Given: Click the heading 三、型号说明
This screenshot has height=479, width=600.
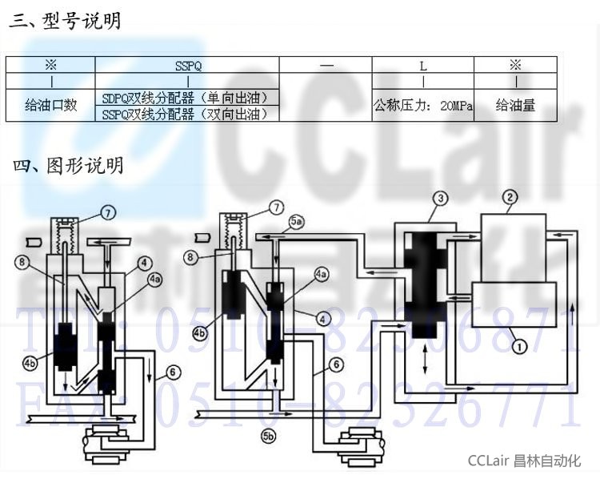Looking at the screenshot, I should (65, 21).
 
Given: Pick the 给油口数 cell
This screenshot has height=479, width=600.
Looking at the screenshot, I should (51, 105).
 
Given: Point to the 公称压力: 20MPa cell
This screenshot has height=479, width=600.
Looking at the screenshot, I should (423, 105).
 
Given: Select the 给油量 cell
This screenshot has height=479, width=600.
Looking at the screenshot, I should (515, 105).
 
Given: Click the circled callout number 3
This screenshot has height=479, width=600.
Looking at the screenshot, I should (439, 197).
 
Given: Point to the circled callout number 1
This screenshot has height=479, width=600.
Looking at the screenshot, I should (519, 347).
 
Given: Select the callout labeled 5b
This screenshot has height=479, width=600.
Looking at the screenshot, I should (269, 437).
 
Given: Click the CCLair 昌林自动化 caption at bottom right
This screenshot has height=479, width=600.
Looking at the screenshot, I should (524, 461).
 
